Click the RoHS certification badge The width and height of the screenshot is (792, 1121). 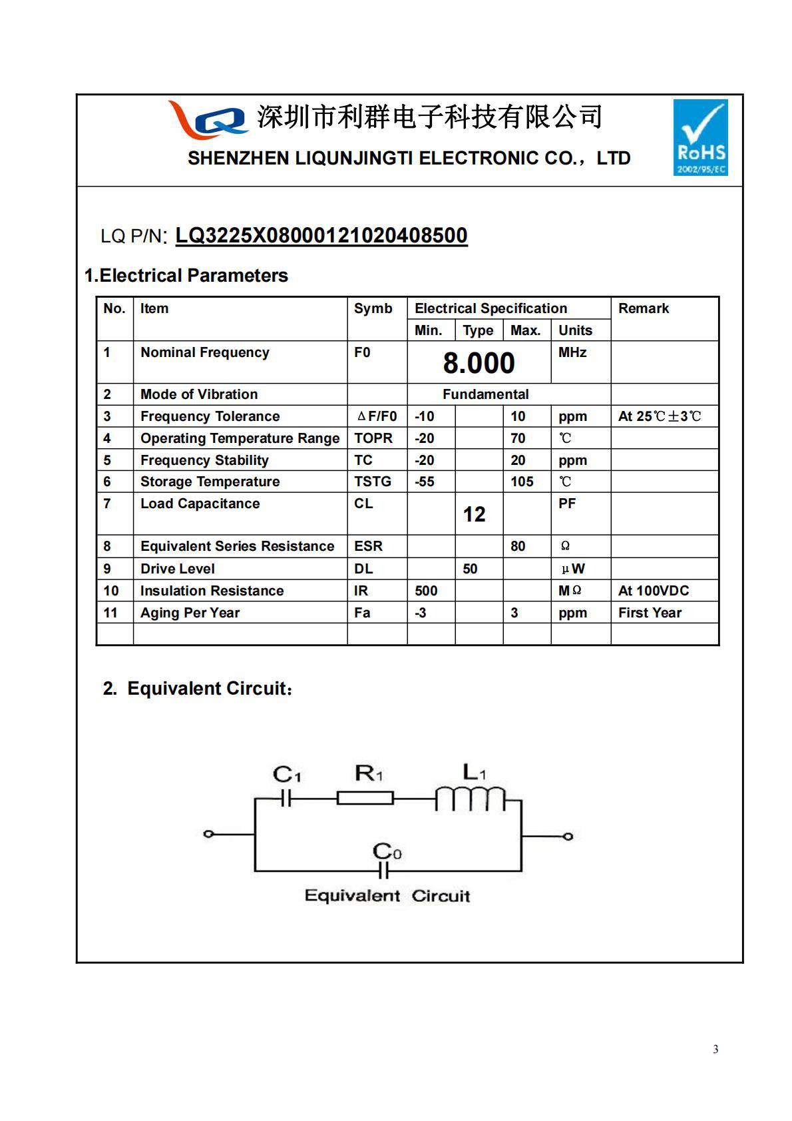point(700,137)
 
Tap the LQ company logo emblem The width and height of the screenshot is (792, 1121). point(208,120)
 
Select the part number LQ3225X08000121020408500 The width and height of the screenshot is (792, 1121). point(321,235)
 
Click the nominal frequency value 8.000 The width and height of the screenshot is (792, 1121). point(479,363)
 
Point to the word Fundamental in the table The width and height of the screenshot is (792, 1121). point(485,394)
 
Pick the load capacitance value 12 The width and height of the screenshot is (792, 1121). point(474,514)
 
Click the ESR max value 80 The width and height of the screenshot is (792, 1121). point(518,546)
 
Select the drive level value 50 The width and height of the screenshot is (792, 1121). point(470,569)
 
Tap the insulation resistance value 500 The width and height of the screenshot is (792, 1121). point(426,591)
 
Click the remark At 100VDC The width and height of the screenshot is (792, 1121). point(653,591)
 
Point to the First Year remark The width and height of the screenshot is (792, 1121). point(650,613)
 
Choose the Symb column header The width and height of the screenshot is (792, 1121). point(373,308)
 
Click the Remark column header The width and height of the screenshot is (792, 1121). point(643,308)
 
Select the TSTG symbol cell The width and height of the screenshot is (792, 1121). point(373,482)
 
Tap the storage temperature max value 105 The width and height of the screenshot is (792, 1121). point(522,482)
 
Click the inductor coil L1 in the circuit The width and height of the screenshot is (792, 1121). point(470,799)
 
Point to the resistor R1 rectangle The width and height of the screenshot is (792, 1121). point(365,798)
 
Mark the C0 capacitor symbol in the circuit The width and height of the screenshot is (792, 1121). point(383,870)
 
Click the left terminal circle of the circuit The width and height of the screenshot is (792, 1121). point(208,834)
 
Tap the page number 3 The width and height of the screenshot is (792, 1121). point(715,1050)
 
